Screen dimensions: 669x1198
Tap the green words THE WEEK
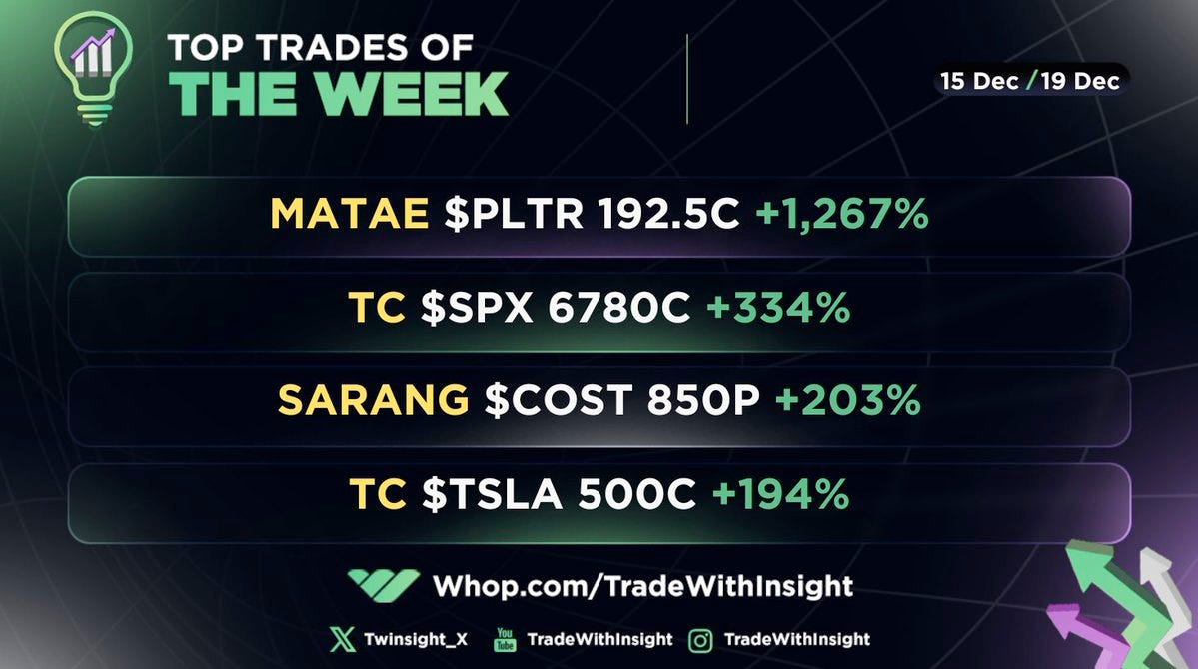339,94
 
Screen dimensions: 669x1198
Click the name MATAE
350,214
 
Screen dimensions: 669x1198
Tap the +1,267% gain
842,214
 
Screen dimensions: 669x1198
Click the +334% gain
778,309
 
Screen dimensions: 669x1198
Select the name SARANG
373,401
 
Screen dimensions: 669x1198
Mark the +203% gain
847,401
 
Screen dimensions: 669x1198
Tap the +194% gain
780,494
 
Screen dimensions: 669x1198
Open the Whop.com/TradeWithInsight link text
642,585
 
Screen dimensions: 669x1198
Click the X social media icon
342,639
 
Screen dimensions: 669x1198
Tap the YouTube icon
506,640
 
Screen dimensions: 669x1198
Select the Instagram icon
700,640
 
